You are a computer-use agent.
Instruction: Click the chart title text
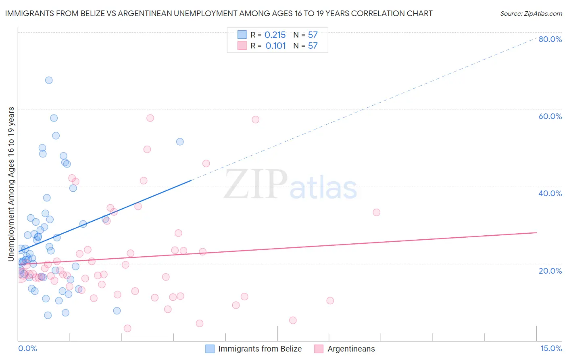219,13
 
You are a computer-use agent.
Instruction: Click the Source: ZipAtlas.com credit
531,13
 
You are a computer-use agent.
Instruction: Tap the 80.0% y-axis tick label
550,39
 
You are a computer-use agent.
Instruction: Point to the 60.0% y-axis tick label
550,116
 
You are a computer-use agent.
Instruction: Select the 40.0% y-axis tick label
550,193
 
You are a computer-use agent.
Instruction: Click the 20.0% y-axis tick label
550,270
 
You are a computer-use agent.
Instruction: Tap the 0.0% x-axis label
27,348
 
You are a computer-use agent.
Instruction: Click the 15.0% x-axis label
551,348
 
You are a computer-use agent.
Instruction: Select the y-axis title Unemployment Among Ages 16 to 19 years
11,184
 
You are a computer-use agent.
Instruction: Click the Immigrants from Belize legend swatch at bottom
210,349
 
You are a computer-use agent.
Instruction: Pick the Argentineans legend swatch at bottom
319,349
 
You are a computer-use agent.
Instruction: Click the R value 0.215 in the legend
275,35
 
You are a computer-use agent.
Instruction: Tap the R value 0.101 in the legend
275,46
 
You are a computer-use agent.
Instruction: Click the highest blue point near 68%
49,80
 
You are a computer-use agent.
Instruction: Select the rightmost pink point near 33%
376,212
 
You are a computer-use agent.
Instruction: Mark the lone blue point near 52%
180,142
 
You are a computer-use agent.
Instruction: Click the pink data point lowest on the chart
127,329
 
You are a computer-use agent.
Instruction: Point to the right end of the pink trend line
536,232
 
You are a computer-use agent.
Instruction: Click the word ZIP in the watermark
255,184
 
